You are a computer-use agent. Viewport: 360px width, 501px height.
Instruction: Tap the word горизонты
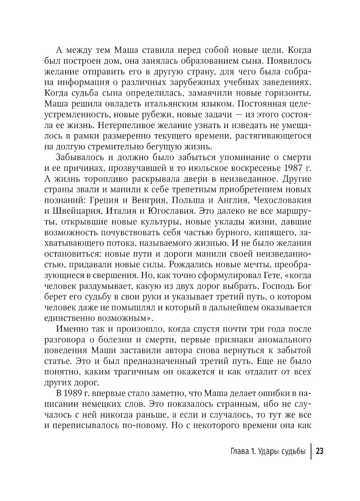coord(288,94)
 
